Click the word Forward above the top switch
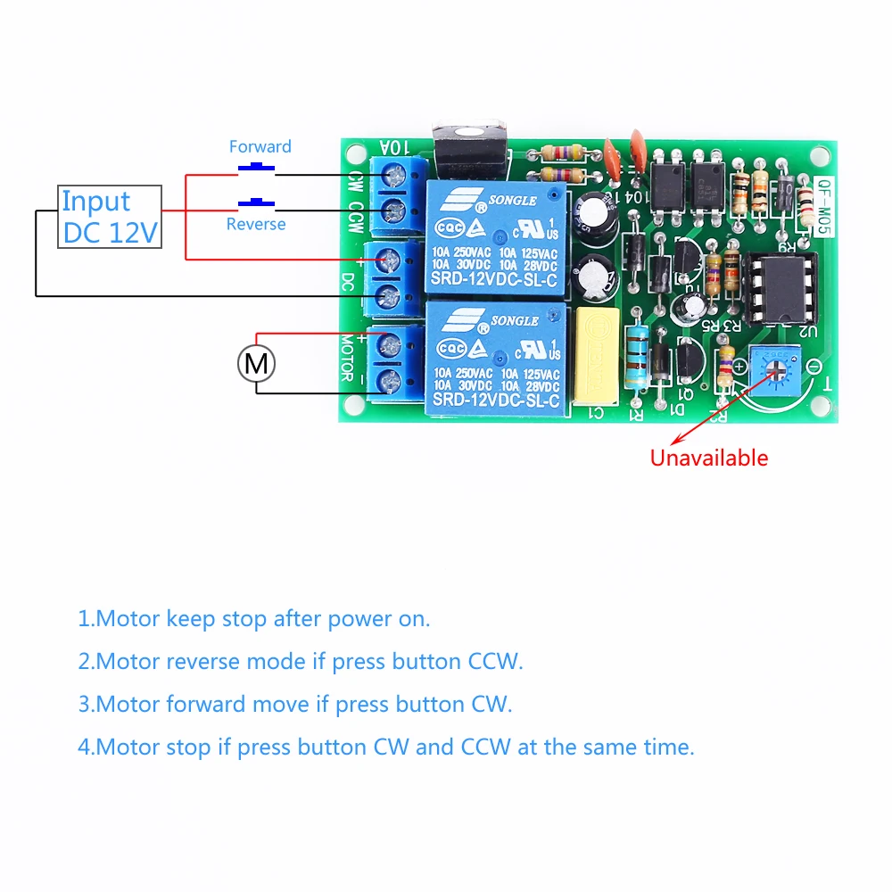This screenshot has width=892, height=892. [x=260, y=146]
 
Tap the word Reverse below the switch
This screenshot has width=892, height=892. [x=256, y=224]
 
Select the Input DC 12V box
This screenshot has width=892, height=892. [x=110, y=217]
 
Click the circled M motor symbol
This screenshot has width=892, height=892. [x=256, y=363]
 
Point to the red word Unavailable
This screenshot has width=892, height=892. [x=708, y=458]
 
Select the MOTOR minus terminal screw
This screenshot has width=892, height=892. [x=391, y=383]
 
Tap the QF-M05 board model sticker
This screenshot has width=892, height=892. [x=826, y=204]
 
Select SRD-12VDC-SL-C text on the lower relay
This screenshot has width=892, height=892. [x=494, y=403]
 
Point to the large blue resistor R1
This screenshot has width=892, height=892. [x=637, y=357]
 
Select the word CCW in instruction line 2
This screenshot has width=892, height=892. [x=494, y=661]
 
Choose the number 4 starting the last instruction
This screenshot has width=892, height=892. [x=84, y=747]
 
